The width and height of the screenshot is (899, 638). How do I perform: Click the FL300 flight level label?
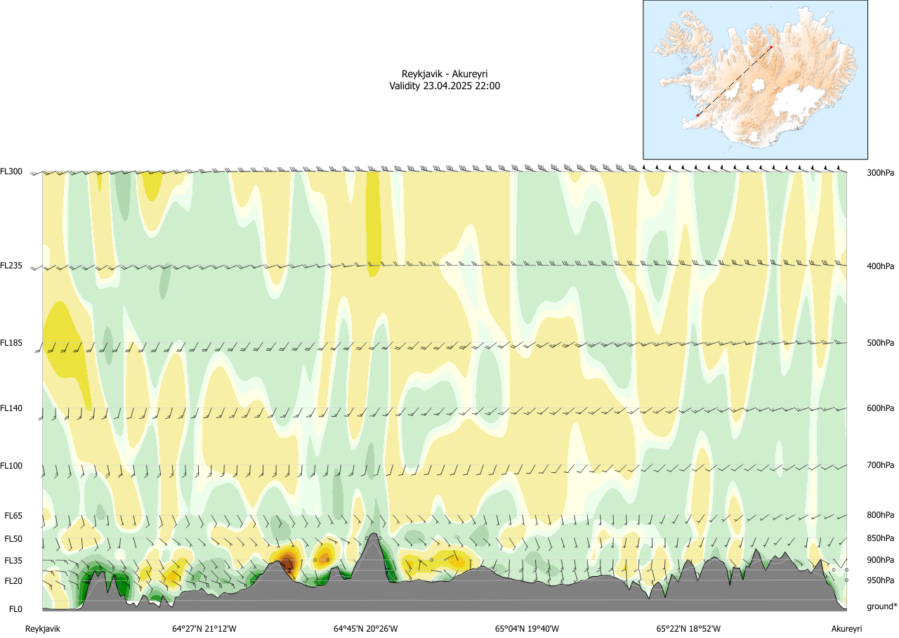[11, 171]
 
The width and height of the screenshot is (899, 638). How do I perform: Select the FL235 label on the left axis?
[11, 266]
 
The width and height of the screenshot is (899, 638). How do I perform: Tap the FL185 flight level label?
[11, 343]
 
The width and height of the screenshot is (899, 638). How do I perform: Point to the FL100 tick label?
[11, 466]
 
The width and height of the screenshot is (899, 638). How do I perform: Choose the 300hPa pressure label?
[880, 172]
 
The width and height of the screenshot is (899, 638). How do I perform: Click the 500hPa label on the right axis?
[880, 343]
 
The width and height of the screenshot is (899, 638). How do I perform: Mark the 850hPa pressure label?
[880, 538]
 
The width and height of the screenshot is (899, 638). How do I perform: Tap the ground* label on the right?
[881, 606]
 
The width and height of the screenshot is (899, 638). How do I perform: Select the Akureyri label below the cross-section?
[846, 629]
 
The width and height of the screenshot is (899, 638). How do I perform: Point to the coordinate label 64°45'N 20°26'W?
[366, 629]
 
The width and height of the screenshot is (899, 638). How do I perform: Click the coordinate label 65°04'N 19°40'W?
[527, 629]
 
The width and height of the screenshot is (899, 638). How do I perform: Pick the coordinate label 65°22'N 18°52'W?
[689, 629]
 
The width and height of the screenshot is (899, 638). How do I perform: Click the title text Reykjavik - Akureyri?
[445, 74]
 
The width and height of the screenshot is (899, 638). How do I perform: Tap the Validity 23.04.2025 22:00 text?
[445, 86]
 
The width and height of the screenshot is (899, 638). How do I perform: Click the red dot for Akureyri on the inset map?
[770, 47]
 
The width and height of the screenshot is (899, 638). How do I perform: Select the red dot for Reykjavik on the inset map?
[697, 115]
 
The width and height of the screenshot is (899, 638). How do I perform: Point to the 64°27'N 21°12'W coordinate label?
[204, 629]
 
